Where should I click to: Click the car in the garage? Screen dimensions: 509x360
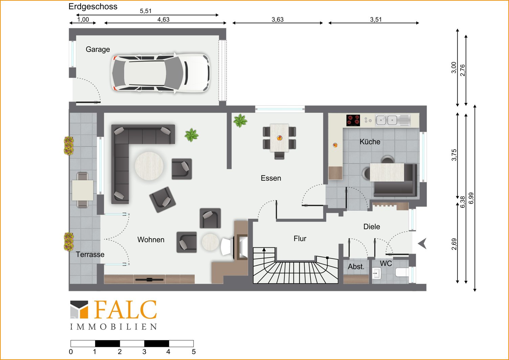coord(161,73)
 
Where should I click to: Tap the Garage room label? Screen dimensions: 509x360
coord(98,49)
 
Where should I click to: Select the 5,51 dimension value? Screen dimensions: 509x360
coord(146,11)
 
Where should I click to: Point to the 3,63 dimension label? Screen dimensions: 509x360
coord(278,20)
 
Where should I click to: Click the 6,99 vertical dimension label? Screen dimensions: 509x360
coord(471,198)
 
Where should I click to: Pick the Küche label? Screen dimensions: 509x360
coord(370,142)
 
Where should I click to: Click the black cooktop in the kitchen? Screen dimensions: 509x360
coord(353,120)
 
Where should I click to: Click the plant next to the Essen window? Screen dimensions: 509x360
coord(240,120)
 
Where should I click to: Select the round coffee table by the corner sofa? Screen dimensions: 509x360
coord(149,166)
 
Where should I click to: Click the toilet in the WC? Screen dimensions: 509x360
coord(402,272)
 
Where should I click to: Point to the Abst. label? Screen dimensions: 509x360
coord(356,267)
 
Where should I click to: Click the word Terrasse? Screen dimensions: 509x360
coord(90,254)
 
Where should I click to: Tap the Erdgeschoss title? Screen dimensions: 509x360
coord(93,6)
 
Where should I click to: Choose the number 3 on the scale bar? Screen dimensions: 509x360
coord(144,352)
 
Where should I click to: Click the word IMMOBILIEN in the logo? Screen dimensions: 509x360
coord(113,327)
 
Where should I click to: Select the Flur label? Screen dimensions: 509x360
coord(300,239)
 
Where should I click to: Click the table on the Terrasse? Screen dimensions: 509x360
coord(83,190)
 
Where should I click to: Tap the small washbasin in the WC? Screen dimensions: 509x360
coord(376,273)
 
